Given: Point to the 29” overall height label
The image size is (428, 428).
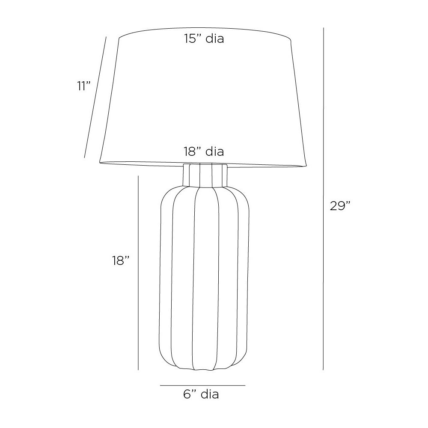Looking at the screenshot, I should (340, 206).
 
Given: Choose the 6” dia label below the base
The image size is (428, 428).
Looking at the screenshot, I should (201, 394).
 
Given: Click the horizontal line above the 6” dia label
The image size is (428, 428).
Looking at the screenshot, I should (202, 385).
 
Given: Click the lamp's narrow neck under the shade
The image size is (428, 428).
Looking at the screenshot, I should (205, 175).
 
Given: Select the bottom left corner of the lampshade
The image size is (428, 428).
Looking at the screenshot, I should (100, 161).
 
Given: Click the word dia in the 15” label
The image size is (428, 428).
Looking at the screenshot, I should (214, 39).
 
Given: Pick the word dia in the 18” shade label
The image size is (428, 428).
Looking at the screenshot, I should (214, 152).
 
